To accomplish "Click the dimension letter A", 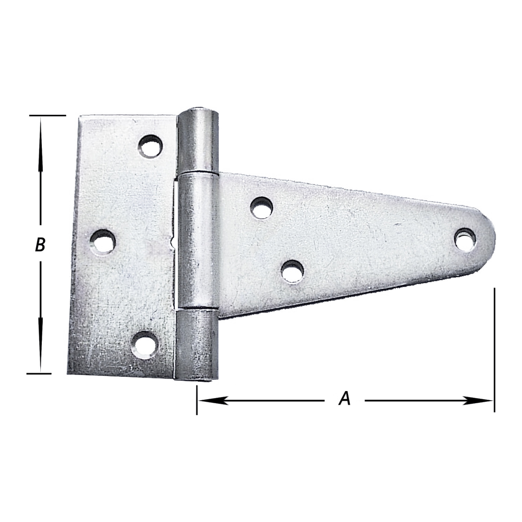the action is pos(345,399).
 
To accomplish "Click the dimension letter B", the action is pos(40,245).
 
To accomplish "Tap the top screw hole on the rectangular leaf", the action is pos(150,146).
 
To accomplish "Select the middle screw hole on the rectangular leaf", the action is pos(103,242).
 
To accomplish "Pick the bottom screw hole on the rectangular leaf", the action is pos(144,345).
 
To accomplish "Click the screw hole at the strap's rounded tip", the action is pos(465,239).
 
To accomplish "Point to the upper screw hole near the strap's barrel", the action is pos(262,208).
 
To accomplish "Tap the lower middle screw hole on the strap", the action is pos(293,271).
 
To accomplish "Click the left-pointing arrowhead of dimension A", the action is pos(213,401).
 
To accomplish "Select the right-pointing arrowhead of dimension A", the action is pos(477,401).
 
